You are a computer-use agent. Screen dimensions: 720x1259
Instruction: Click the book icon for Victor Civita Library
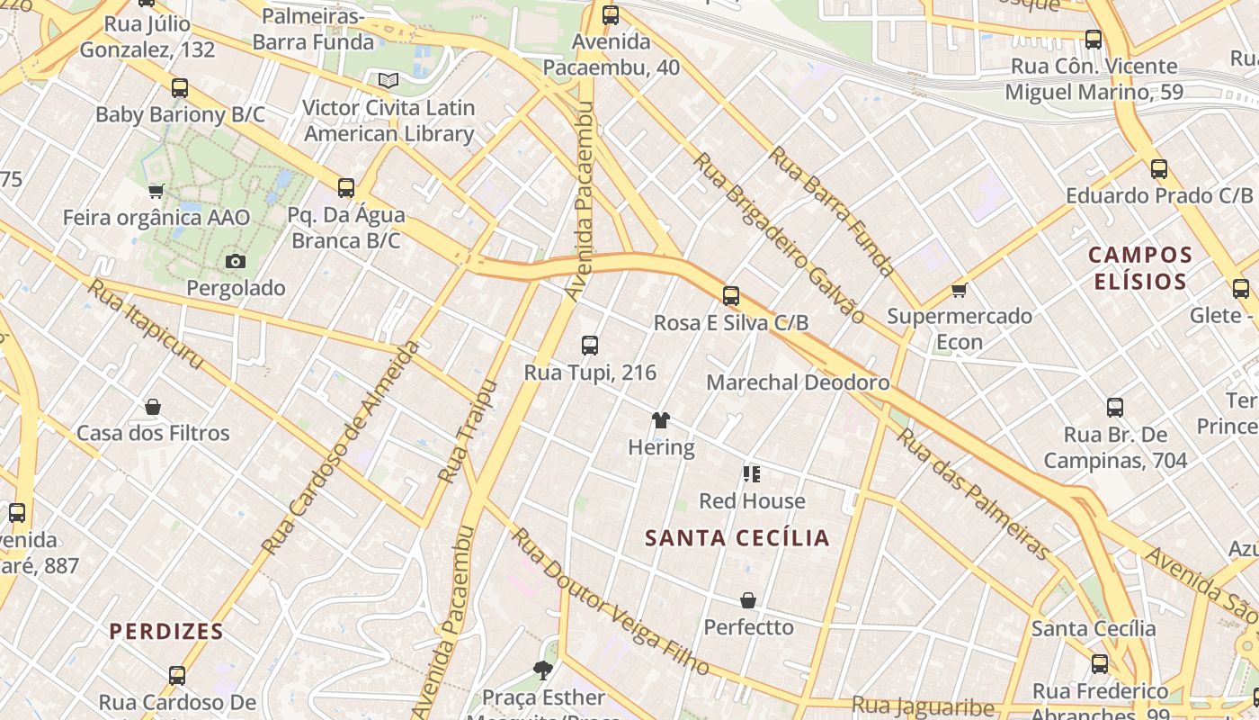(x=388, y=80)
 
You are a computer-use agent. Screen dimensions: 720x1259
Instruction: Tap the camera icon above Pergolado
(x=236, y=261)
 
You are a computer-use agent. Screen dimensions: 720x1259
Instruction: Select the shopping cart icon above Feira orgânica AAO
(x=156, y=191)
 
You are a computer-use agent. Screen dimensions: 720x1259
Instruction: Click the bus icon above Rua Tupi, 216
(x=590, y=345)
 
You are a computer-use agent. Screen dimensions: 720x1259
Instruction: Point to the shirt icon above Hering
(x=661, y=420)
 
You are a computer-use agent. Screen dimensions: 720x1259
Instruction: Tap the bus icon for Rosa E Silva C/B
(x=731, y=295)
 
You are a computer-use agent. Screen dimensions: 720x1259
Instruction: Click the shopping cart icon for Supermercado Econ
(x=960, y=290)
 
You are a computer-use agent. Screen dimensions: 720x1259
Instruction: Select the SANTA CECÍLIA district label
(x=737, y=538)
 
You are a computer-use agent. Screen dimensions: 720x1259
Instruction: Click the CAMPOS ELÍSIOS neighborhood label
(x=1140, y=268)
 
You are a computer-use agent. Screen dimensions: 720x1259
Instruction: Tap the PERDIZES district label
(x=166, y=631)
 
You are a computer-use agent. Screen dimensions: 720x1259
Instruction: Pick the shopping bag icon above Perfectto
(x=748, y=600)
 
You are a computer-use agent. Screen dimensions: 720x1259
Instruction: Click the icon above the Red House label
(x=752, y=473)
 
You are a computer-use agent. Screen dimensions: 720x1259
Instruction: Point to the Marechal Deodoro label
(x=798, y=382)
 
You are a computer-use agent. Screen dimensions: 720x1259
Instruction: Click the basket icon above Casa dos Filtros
(x=153, y=407)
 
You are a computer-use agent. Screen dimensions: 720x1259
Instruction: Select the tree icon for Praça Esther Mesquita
(x=542, y=670)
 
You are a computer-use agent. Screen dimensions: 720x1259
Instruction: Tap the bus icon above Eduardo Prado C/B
(x=1159, y=168)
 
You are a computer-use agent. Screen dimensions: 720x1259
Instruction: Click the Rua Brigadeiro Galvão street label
(x=779, y=238)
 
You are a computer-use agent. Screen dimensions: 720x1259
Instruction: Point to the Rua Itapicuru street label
(x=145, y=324)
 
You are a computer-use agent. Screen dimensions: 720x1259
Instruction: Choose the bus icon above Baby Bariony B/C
(x=180, y=88)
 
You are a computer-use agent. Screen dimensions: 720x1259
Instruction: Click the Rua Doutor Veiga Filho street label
(x=611, y=602)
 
